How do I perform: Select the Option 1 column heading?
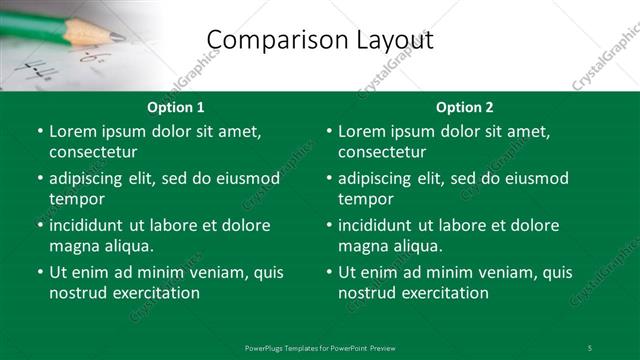(x=176, y=107)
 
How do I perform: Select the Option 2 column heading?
(x=465, y=107)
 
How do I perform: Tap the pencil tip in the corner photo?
(x=118, y=37)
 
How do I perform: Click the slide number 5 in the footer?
(x=589, y=347)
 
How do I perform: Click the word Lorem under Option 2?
(x=360, y=131)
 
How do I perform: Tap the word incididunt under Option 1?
(x=91, y=225)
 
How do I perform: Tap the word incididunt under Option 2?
(x=380, y=225)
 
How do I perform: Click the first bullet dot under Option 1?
(x=39, y=131)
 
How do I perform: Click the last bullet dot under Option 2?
(x=328, y=272)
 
